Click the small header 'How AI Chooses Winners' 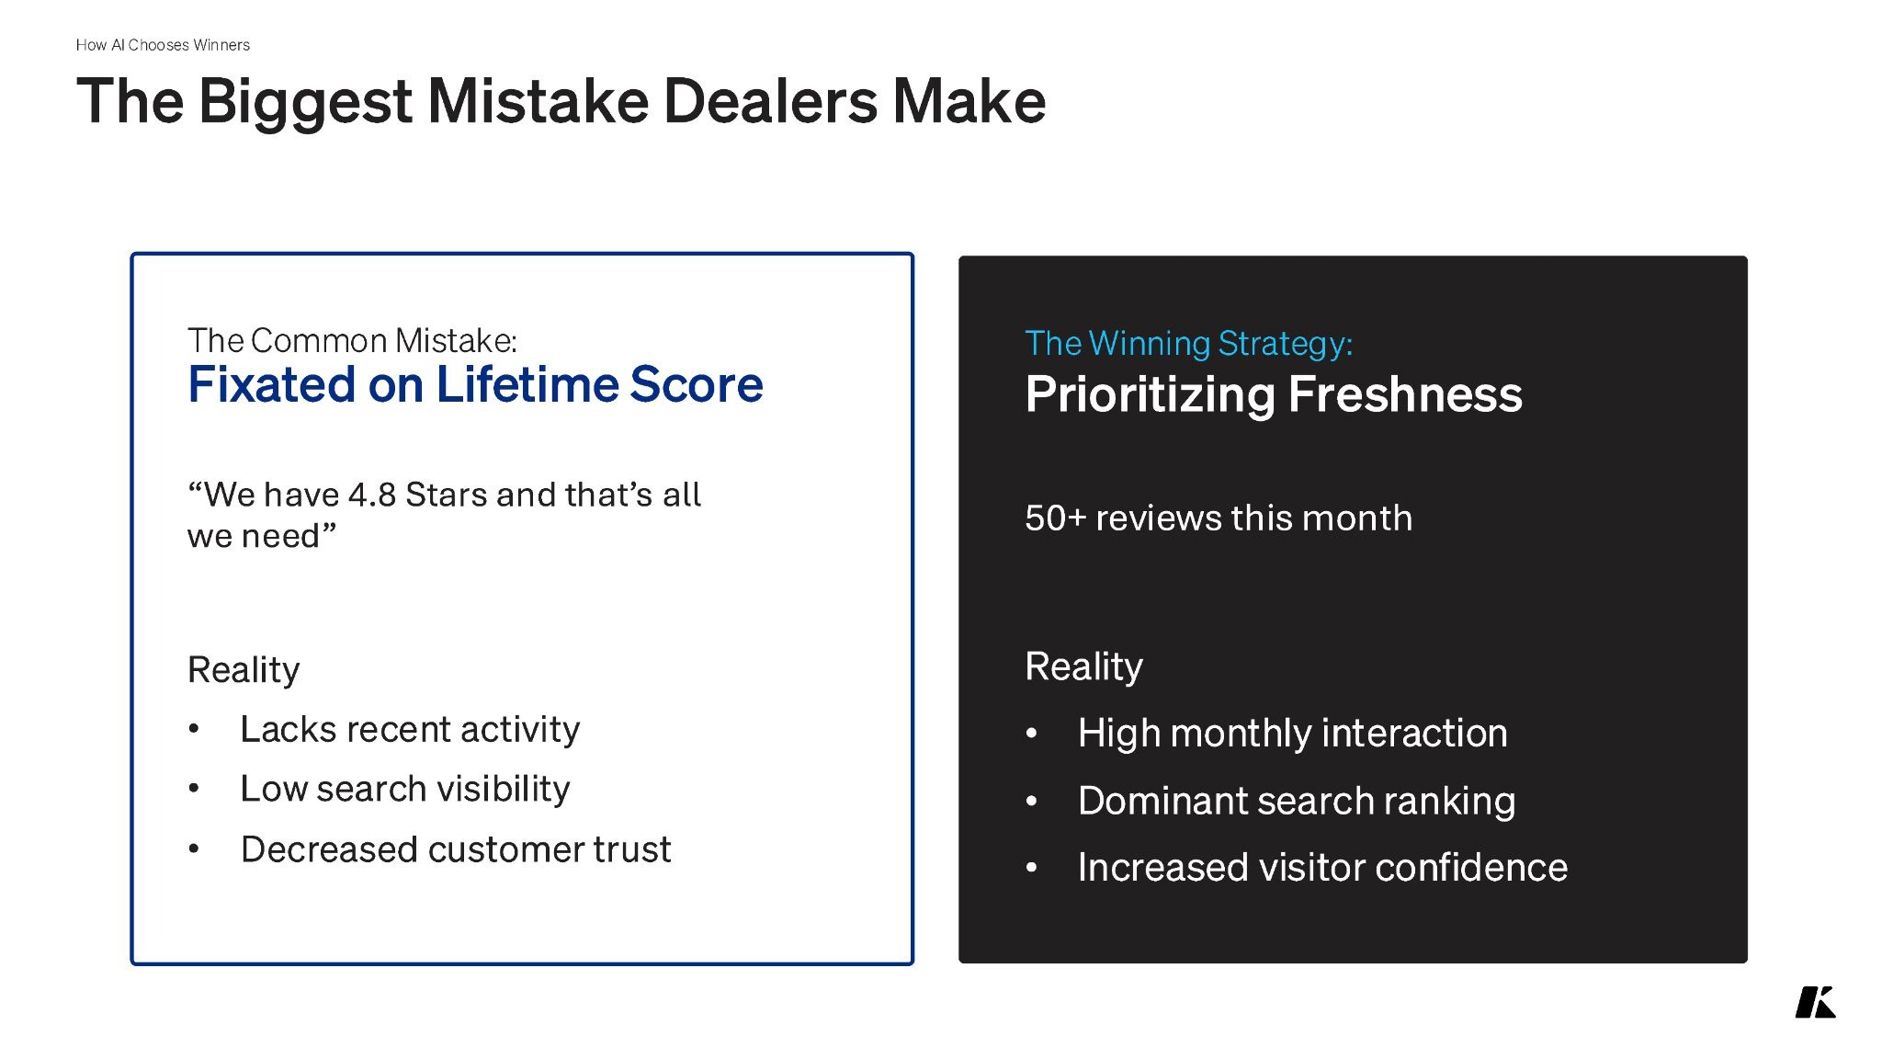coord(163,45)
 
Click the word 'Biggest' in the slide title coord(305,103)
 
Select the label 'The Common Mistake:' coord(352,340)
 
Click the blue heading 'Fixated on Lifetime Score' coord(475,384)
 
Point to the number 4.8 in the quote coord(372,495)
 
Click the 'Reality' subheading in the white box coord(244,670)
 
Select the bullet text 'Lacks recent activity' coord(410,729)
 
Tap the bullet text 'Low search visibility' coord(405,789)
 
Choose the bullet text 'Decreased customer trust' coord(456,849)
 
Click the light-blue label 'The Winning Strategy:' coord(1189,344)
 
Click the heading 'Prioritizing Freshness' coord(1274,394)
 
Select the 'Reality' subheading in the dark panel coord(1083,666)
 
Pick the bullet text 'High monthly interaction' coord(1293,734)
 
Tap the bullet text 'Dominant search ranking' coord(1297,801)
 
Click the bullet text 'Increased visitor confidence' coord(1322,868)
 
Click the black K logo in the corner coord(1816,1002)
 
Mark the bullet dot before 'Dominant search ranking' coord(1032,802)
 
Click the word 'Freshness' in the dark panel coord(1405,394)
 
